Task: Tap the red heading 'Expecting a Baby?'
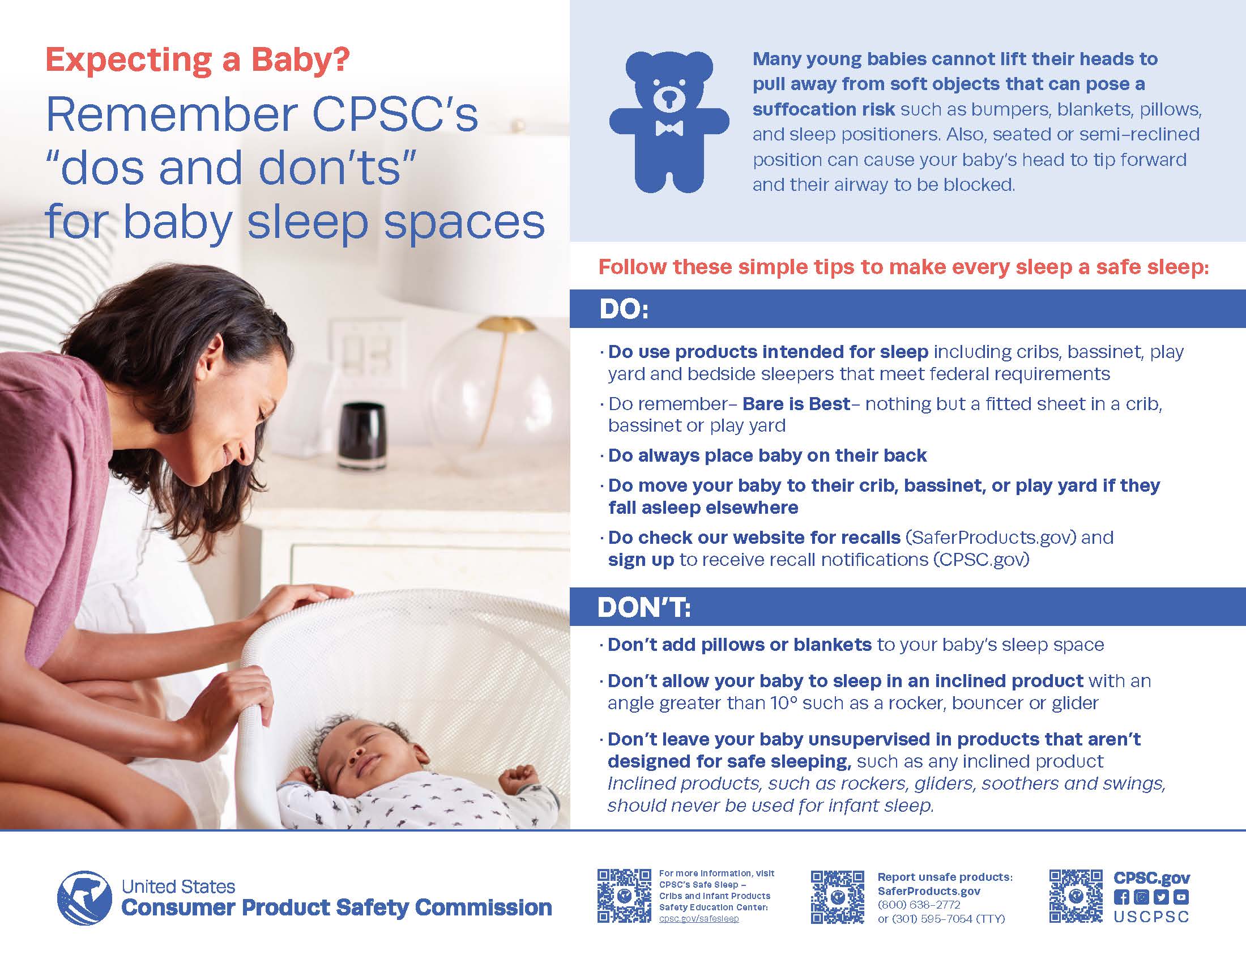198,60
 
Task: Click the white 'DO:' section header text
624,310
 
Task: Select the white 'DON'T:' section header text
643,608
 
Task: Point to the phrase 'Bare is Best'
796,404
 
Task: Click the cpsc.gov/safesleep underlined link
699,918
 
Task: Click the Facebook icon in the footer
1121,897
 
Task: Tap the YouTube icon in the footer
1181,897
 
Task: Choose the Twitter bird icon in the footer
1161,897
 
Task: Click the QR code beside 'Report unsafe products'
838,897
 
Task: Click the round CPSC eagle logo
85,898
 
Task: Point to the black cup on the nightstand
363,436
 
